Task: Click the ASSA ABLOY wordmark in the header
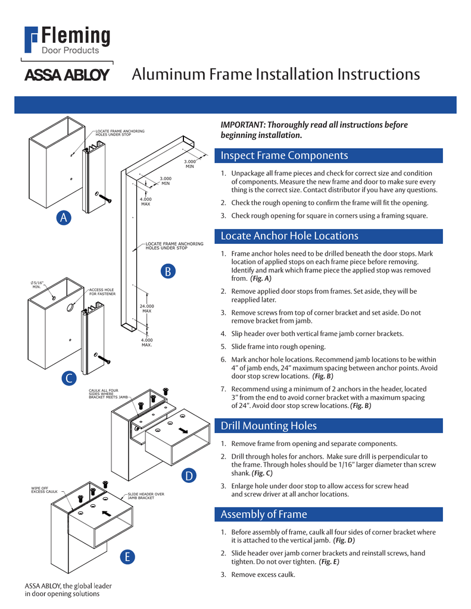pos(66,76)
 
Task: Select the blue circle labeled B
pos(168,272)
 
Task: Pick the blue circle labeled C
pos(69,378)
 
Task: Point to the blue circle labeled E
pos(127,557)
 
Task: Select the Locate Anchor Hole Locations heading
pos(289,236)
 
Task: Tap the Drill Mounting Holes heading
pos(269,426)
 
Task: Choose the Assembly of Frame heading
pos(264,514)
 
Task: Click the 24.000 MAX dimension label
pos(146,308)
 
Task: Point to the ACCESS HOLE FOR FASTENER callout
pos(102,292)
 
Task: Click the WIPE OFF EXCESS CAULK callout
pos(44,490)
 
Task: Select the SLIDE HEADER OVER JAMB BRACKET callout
pos(145,495)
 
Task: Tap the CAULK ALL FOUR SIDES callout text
pos(108,393)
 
